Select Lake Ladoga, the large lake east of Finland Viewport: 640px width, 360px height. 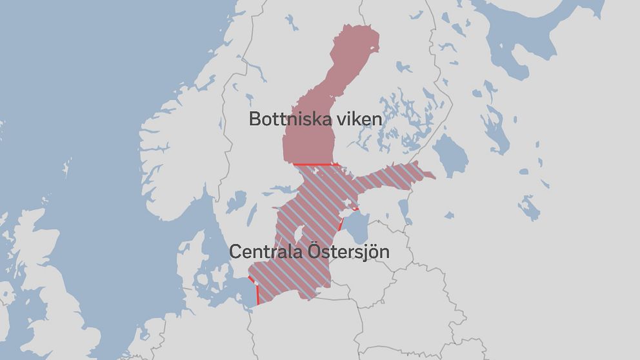pos(450,155)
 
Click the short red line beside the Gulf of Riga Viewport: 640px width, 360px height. pos(338,226)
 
